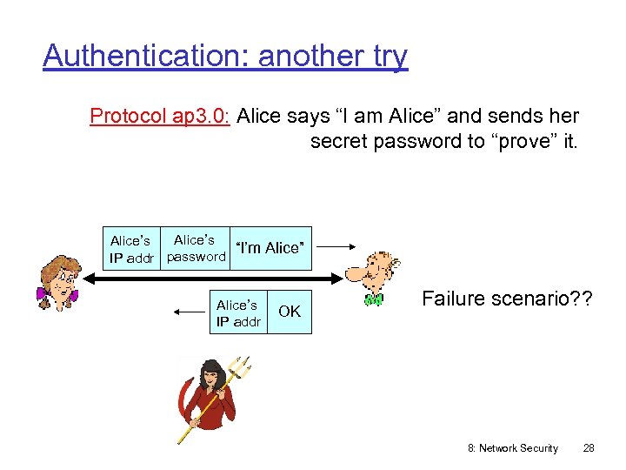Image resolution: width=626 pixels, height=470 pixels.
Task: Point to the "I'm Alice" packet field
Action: (x=270, y=248)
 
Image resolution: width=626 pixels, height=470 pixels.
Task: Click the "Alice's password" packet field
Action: (x=196, y=248)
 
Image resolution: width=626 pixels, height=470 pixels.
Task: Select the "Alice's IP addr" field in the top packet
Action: (x=131, y=248)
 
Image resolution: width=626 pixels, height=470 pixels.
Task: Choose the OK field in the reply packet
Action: (x=290, y=312)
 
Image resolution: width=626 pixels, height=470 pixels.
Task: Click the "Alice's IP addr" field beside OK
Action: (x=237, y=313)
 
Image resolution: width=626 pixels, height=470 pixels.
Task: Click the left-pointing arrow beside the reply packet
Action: (x=190, y=312)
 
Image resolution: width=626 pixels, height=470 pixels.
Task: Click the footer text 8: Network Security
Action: (x=513, y=448)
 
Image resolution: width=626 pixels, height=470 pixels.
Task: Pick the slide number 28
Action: (x=589, y=448)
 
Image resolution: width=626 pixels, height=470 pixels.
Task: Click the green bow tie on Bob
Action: (x=374, y=300)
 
